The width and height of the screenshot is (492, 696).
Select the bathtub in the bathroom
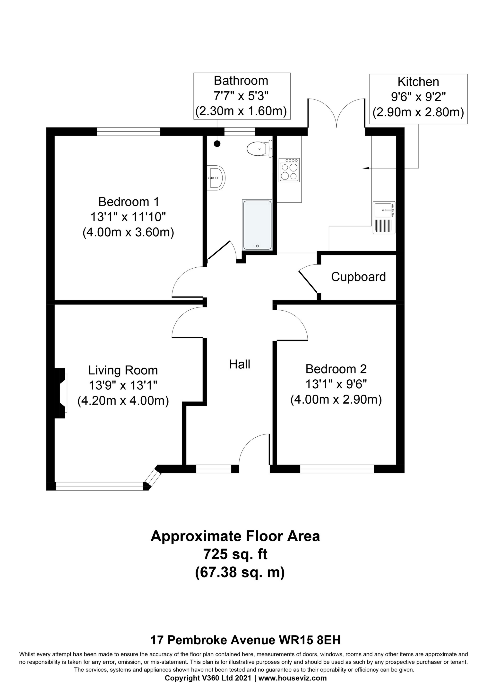[x=257, y=225]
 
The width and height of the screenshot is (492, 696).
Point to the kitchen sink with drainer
[x=384, y=218]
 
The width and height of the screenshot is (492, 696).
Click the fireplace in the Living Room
[x=61, y=393]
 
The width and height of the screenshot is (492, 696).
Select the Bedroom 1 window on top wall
[x=128, y=132]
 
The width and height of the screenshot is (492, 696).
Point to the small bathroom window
[x=240, y=132]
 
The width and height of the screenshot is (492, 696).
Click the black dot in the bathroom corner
[x=217, y=144]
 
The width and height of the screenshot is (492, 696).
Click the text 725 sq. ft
[x=235, y=554]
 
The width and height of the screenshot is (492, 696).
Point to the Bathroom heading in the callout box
[x=241, y=81]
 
